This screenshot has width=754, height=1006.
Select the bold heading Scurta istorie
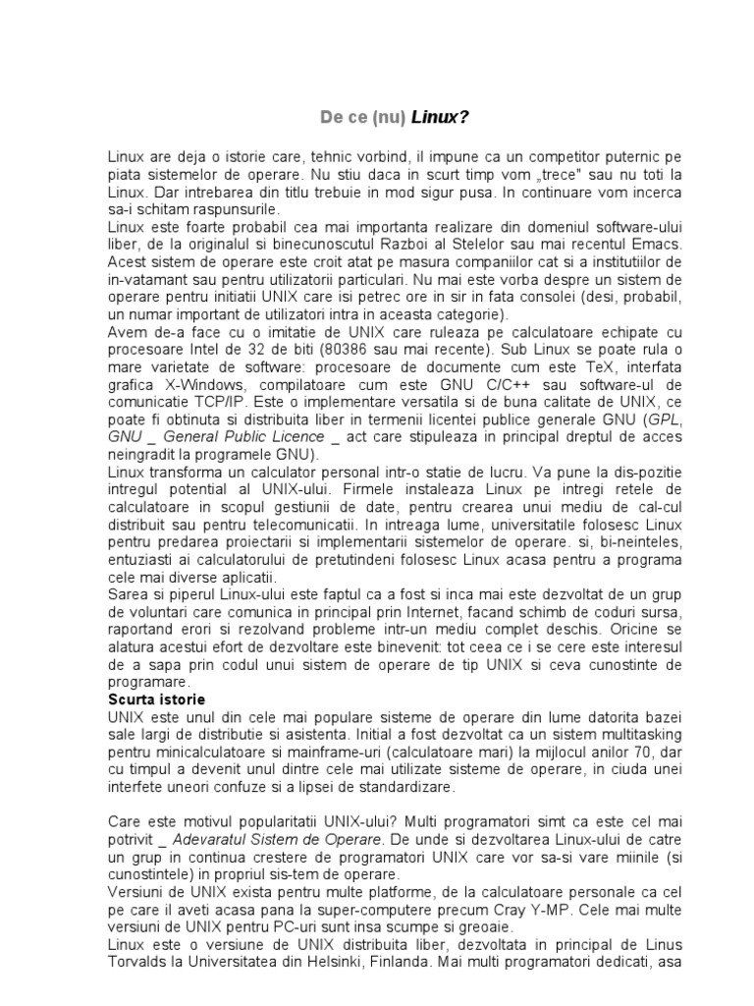[157, 699]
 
